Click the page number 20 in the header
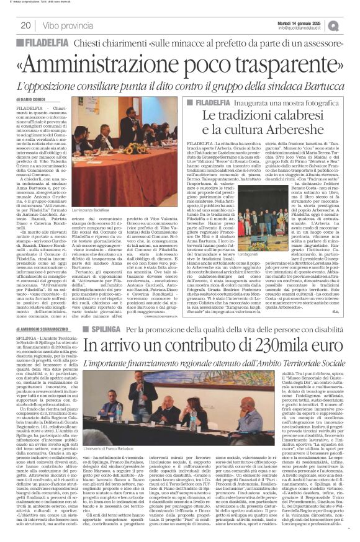coord(25,25)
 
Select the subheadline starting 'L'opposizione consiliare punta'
coord(180,85)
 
